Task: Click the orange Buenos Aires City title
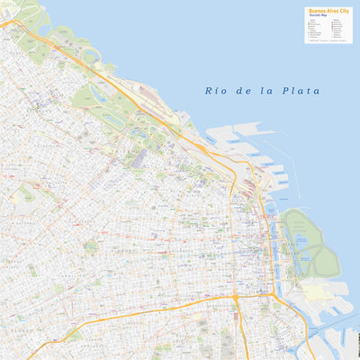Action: pos(328,12)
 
